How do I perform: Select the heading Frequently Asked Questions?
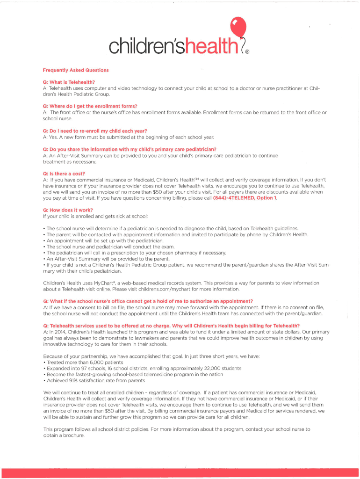(x=75, y=70)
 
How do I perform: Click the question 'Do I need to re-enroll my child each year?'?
(x=98, y=131)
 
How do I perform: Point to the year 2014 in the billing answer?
(x=59, y=332)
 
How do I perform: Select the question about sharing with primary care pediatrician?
(x=129, y=149)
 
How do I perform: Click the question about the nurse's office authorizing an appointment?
(x=148, y=301)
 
